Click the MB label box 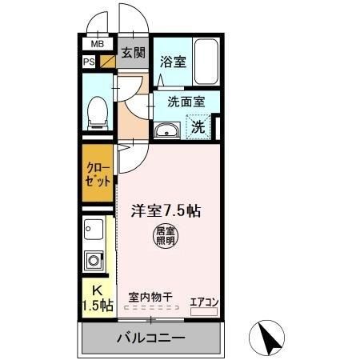click(97, 44)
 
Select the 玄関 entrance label click(133, 53)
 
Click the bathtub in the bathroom click(206, 62)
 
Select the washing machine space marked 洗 click(199, 125)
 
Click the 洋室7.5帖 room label click(166, 211)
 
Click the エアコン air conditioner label click(203, 301)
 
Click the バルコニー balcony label click(152, 337)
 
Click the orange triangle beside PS click(106, 60)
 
